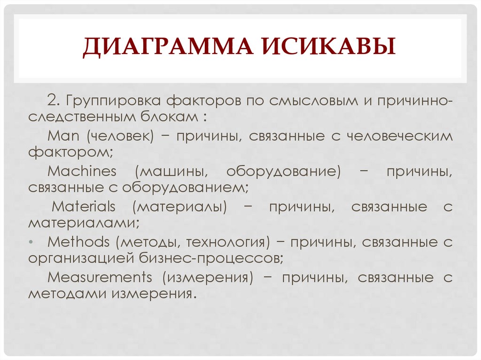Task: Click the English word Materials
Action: click(x=83, y=207)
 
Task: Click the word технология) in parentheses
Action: click(x=228, y=242)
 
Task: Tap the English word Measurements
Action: click(x=100, y=277)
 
